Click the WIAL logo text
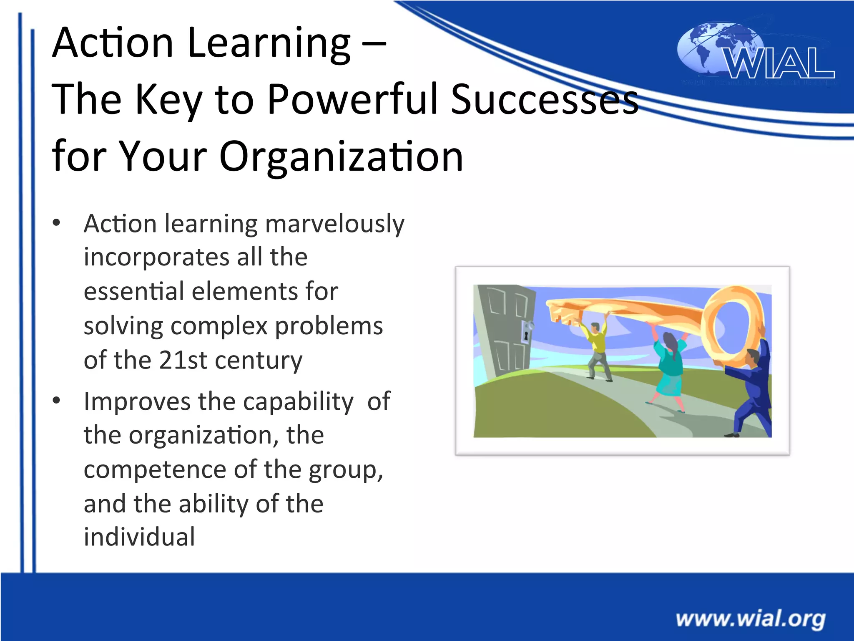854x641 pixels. pyautogui.click(x=779, y=63)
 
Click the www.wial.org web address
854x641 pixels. pyautogui.click(x=750, y=618)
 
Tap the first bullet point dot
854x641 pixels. pyautogui.click(x=57, y=222)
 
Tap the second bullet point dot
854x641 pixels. pyautogui.click(x=57, y=401)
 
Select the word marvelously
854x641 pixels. pyautogui.click(x=334, y=224)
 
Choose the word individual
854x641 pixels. pyautogui.click(x=139, y=537)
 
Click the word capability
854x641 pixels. pyautogui.click(x=298, y=401)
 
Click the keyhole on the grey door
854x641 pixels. pyautogui.click(x=526, y=335)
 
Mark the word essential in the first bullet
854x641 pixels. pyautogui.click(x=134, y=291)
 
